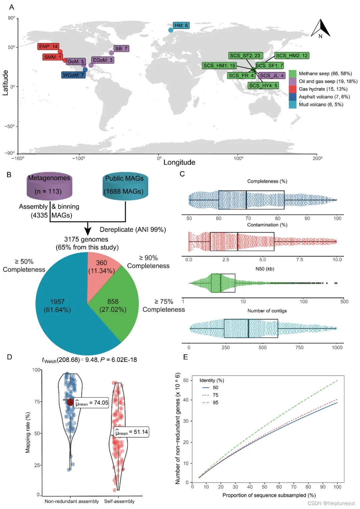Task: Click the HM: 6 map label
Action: click(x=181, y=25)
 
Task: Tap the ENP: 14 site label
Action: click(x=48, y=46)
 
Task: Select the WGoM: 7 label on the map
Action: click(x=73, y=75)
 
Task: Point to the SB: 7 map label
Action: click(x=121, y=48)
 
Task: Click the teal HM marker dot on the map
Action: click(x=171, y=30)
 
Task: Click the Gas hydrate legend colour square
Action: click(x=292, y=89)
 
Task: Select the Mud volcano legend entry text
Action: click(x=321, y=104)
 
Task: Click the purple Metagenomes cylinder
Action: click(x=49, y=186)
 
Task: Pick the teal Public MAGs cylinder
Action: click(x=125, y=186)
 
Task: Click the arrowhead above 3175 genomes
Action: click(x=88, y=231)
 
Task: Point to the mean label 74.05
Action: click(x=92, y=403)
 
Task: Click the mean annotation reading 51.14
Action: click(x=131, y=432)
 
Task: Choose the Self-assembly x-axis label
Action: click(x=119, y=501)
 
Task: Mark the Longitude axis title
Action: click(x=179, y=162)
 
